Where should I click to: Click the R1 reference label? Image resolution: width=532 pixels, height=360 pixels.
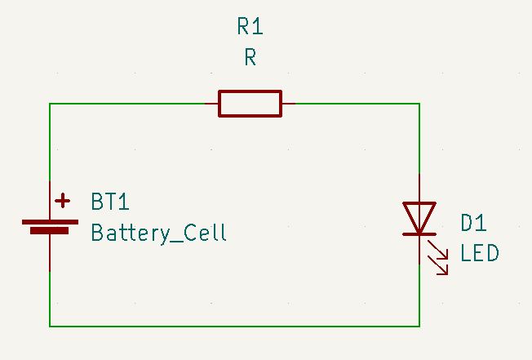coord(250,27)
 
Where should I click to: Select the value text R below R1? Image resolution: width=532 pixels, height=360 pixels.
coord(250,57)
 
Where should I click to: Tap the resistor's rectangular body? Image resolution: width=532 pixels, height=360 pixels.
coord(250,104)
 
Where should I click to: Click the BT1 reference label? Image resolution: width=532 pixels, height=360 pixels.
coord(111,202)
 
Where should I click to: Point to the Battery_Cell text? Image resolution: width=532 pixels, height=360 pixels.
coord(158,233)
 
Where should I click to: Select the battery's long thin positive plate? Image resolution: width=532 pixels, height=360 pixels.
coord(50,221)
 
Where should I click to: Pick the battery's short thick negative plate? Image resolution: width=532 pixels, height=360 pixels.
coord(50,231)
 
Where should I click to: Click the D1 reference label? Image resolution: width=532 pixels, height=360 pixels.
coord(473,223)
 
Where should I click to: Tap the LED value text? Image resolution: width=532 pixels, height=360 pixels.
coord(479,253)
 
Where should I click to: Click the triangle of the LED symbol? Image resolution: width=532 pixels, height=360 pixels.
coord(419,216)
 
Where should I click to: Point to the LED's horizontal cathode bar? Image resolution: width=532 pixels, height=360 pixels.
coord(419,234)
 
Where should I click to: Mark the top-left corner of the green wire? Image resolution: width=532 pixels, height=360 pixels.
coord(50,104)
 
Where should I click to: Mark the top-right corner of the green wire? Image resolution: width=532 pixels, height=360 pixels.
coord(419,104)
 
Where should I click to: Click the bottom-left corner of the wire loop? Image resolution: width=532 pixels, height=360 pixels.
coord(50,326)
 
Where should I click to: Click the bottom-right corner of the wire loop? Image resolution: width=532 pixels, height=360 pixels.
coord(419,326)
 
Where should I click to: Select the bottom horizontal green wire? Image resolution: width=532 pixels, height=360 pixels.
coord(235,326)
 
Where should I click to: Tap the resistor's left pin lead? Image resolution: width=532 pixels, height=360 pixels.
coord(211,104)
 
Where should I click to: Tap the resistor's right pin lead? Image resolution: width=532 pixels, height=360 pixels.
coord(288,104)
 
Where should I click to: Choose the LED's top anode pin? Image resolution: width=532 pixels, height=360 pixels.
coord(419,188)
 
